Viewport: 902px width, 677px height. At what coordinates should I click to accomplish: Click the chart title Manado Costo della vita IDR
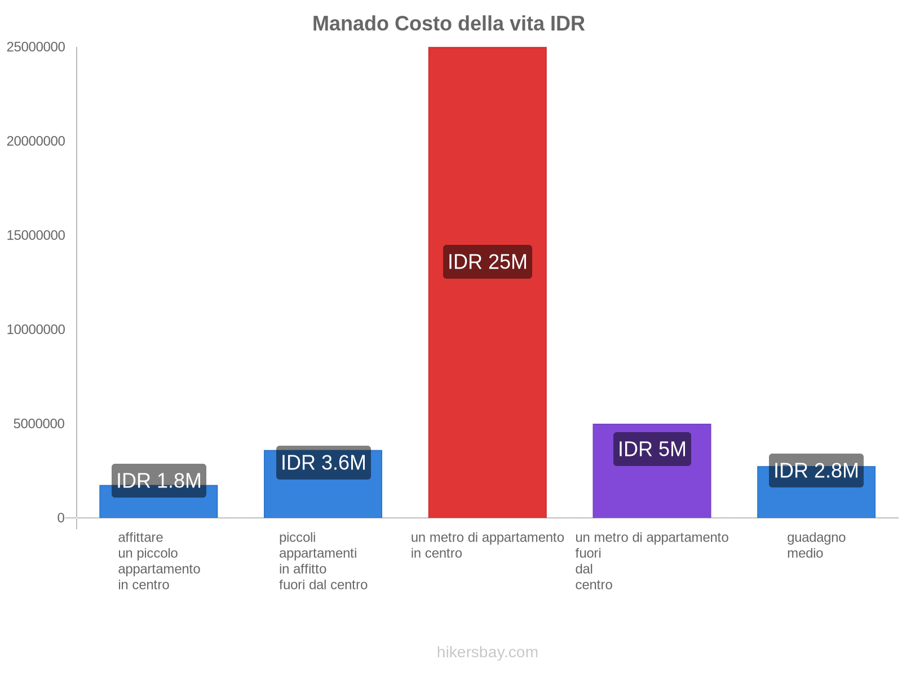point(448,24)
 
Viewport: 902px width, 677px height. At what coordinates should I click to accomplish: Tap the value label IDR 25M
point(487,262)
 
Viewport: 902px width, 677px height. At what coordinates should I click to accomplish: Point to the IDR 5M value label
point(652,449)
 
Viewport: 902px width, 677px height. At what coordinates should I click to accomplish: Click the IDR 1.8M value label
point(158,481)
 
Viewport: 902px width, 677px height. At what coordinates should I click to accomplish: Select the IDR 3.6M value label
point(323,463)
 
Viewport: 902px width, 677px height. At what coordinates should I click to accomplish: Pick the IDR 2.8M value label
point(816,471)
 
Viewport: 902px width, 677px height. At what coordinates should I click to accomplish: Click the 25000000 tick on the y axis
point(36,47)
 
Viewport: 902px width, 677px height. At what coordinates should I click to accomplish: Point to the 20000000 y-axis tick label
point(36,142)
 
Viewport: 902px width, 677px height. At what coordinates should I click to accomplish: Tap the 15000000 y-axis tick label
point(36,236)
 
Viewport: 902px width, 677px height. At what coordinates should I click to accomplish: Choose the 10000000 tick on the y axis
point(36,329)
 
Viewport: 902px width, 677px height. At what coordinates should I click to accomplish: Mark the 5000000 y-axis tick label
point(39,424)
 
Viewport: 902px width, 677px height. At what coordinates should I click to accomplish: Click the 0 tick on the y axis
point(61,518)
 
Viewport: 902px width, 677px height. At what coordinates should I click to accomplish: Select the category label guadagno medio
point(816,545)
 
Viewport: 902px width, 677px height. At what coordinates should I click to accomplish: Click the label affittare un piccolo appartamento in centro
point(158,561)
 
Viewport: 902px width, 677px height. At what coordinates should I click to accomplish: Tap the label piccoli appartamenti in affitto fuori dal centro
point(323,561)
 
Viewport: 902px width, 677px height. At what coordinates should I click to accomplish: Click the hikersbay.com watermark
point(487,652)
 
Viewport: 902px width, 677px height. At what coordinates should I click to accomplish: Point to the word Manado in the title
point(350,24)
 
